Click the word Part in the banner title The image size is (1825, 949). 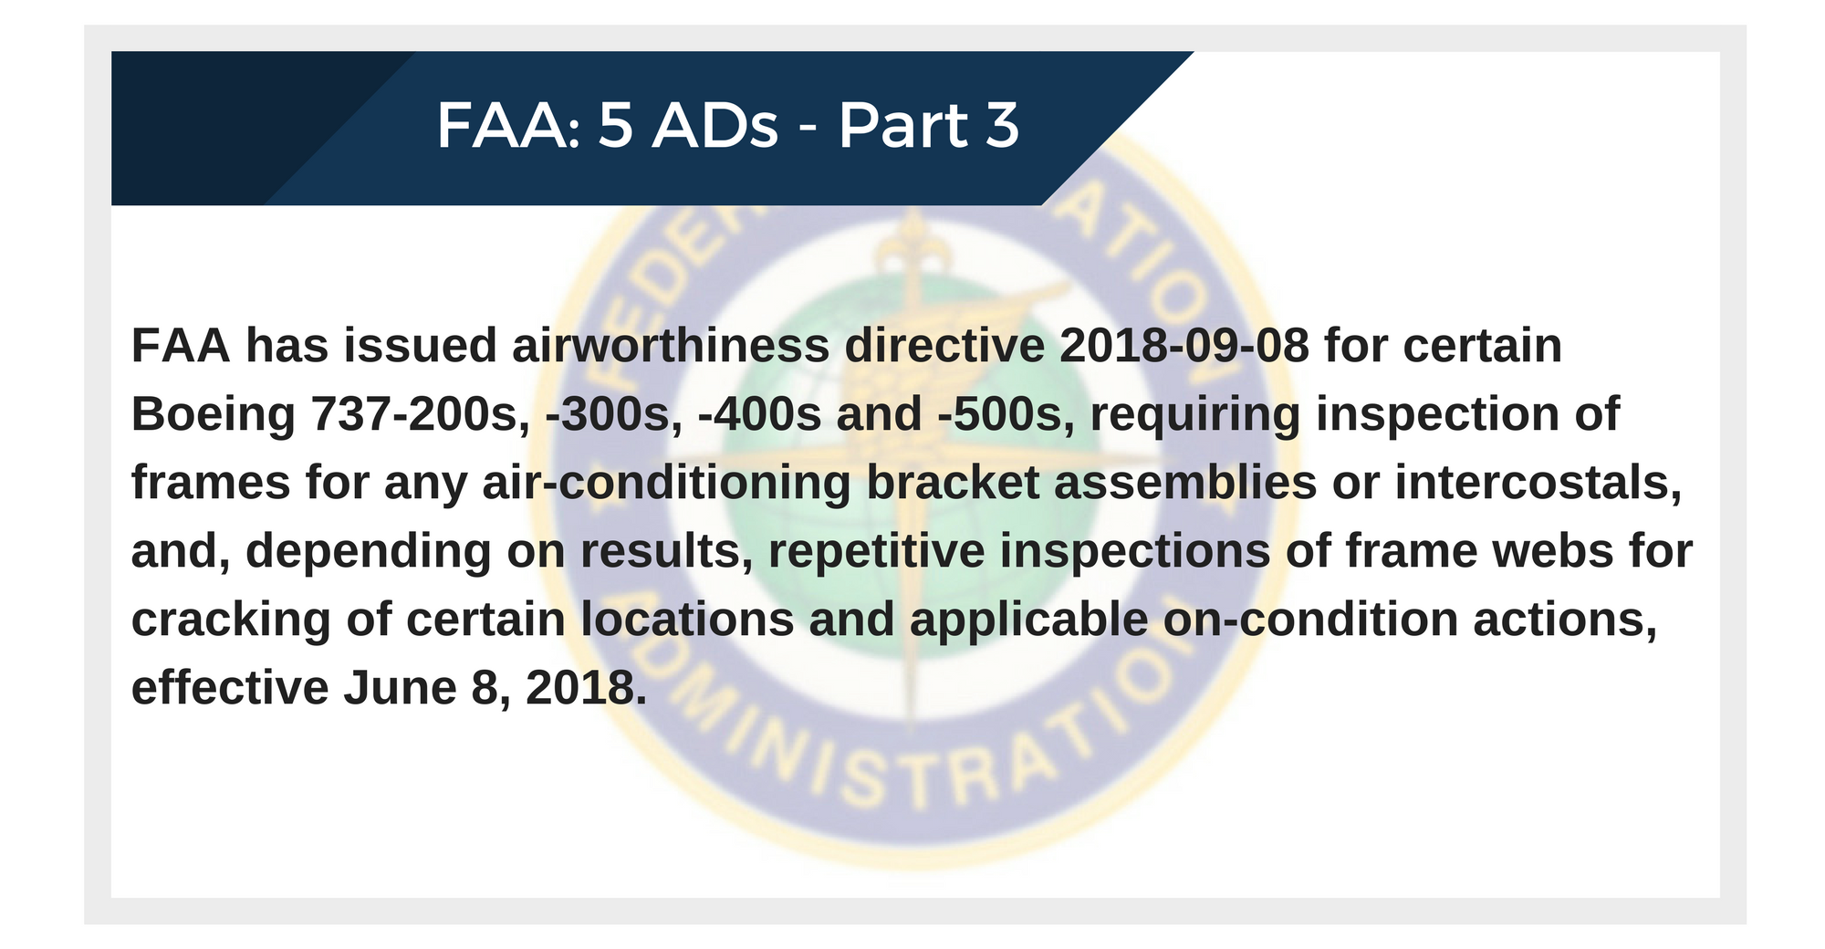pos(903,125)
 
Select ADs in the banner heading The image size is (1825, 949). pos(715,125)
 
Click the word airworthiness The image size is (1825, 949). pos(671,347)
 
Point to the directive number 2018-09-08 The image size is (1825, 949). pos(1184,347)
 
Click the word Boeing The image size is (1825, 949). pos(214,415)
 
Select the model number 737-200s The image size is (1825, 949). pos(422,415)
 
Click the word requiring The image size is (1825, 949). pos(1195,415)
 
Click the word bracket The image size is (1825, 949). pos(953,483)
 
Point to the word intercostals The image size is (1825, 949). pos(1538,483)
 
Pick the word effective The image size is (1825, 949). pos(230,688)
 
